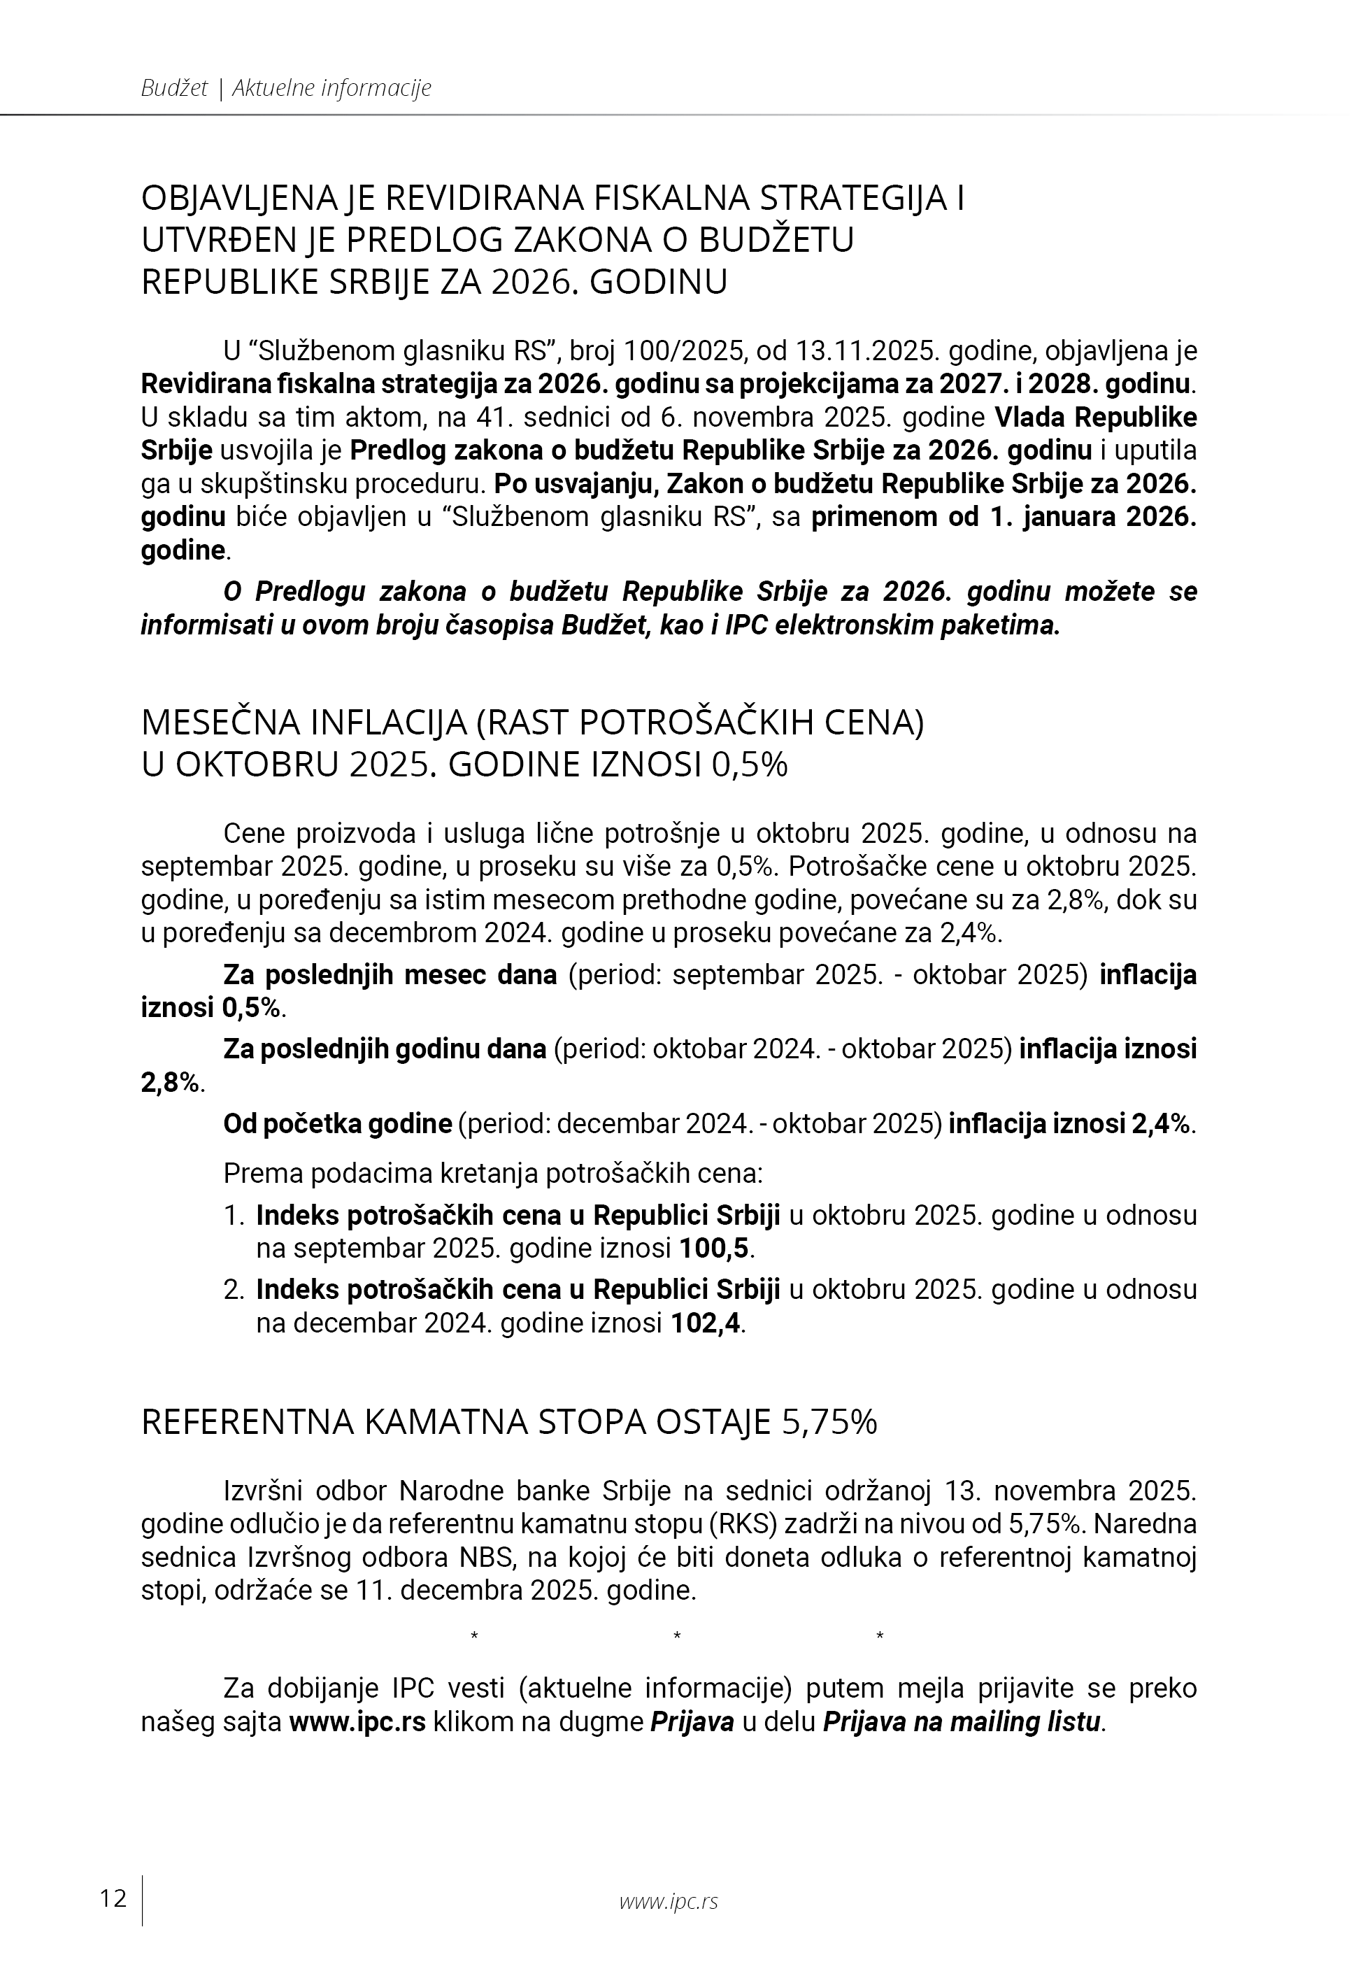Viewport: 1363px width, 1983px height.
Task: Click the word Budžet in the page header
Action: pos(174,88)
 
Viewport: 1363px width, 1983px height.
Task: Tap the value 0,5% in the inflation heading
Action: pos(749,765)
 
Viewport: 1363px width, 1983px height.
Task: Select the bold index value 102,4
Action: pos(706,1323)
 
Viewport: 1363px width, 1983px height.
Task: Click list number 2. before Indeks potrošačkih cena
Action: pos(234,1290)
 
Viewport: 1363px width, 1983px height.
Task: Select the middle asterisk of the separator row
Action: pos(676,1636)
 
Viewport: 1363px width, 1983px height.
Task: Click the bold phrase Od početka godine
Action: pos(337,1124)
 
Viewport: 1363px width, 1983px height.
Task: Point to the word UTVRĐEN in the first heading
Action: pos(217,240)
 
